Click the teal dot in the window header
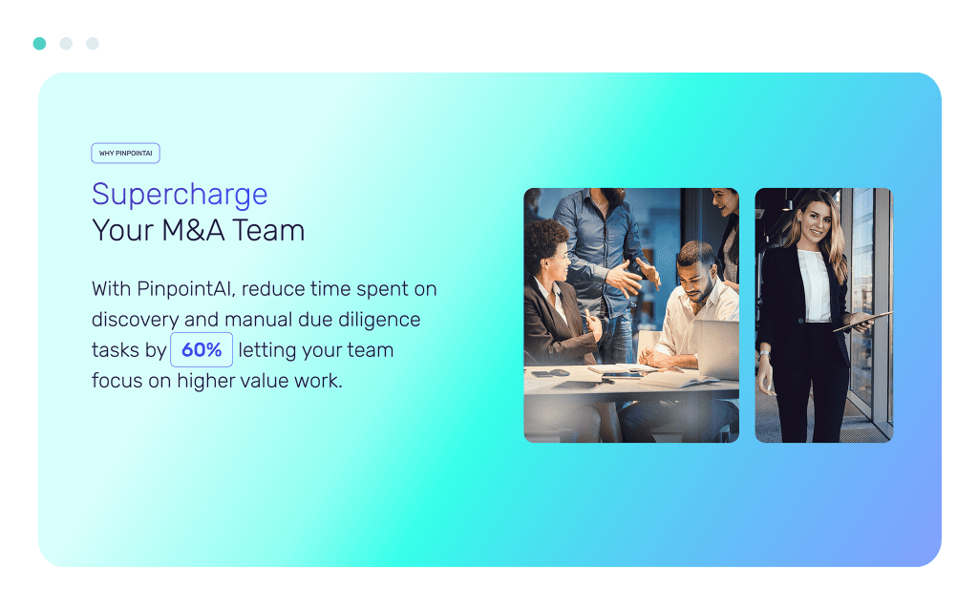pos(39,43)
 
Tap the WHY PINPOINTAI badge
pos(125,154)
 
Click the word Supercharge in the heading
pos(180,194)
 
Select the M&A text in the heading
pos(193,230)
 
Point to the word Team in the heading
pos(268,230)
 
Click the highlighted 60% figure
pos(202,349)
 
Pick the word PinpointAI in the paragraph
pos(186,289)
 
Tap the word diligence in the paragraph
pos(379,319)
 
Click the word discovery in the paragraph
pos(136,320)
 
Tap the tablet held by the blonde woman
pos(863,321)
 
